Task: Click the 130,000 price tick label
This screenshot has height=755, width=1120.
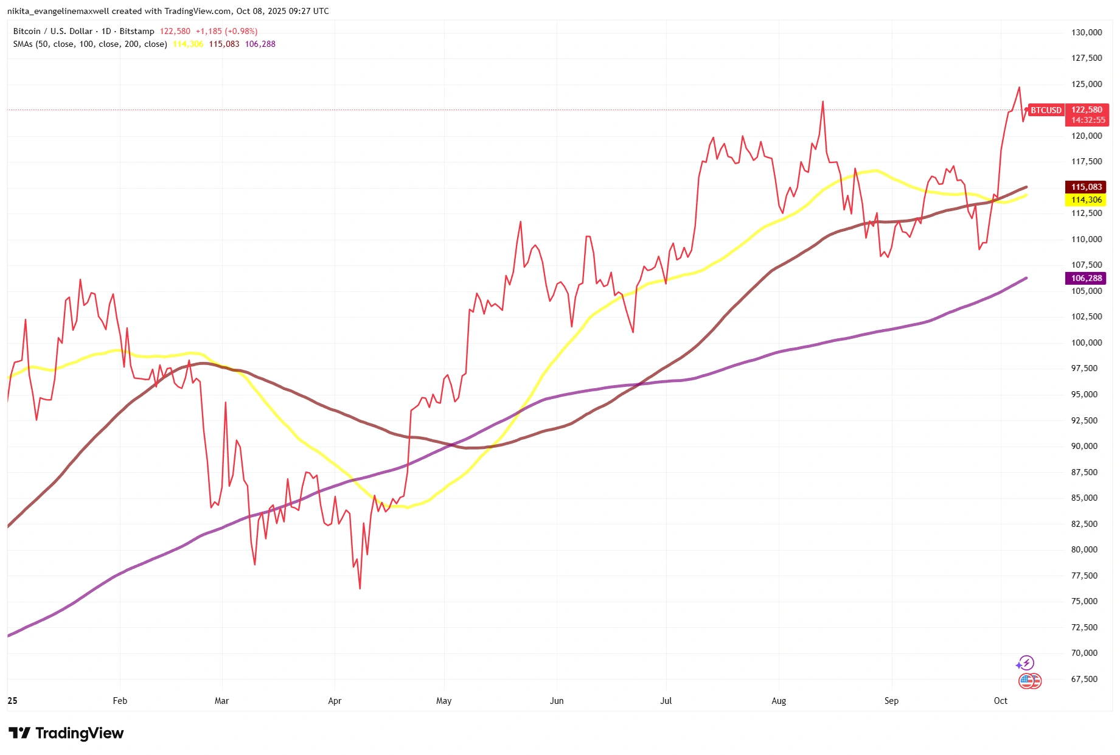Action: [x=1086, y=32]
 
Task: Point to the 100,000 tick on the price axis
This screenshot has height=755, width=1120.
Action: [x=1086, y=343]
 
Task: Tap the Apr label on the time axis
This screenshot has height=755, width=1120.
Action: [x=335, y=701]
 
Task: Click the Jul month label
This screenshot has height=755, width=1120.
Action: [x=666, y=701]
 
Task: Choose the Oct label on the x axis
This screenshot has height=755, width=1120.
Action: [x=1001, y=701]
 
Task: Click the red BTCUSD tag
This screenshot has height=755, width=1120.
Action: [x=1046, y=110]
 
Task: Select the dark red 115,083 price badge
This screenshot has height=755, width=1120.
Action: [x=1086, y=187]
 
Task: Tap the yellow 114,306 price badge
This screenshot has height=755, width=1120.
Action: [x=1086, y=200]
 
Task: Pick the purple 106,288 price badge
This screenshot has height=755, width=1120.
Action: [x=1086, y=278]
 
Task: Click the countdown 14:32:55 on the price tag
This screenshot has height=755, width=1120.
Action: [x=1088, y=120]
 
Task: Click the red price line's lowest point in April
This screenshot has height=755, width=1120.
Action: [x=360, y=588]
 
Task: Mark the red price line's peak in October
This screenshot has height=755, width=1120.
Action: [x=1019, y=88]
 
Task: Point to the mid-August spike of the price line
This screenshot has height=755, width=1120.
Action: [x=823, y=102]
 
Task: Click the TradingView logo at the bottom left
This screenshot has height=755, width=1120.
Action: [x=66, y=733]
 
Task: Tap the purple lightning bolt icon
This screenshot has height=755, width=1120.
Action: [x=1026, y=663]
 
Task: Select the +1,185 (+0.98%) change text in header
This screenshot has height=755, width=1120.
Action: [x=226, y=31]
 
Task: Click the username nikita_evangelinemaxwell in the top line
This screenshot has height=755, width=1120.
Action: [x=58, y=11]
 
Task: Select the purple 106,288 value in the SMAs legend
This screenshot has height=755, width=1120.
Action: [x=260, y=44]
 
